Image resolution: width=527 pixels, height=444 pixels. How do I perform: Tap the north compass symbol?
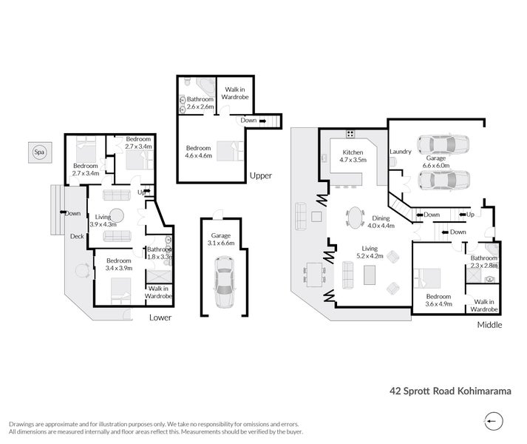point(493,420)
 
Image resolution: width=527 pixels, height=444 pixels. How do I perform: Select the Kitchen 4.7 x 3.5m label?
point(353,155)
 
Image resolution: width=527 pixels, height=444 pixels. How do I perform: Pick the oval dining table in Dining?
point(355,218)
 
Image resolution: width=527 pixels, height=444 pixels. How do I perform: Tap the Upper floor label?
point(260,175)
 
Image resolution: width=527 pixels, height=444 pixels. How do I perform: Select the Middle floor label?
point(489,324)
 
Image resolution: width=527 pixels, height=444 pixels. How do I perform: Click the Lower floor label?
point(160,317)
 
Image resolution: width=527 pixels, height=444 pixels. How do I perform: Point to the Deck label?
point(77,237)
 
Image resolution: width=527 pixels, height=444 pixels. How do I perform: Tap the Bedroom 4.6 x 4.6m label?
point(198,152)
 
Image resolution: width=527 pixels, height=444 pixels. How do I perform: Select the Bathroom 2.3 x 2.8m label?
point(483,260)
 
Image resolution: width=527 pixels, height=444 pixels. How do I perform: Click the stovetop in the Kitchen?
point(350,134)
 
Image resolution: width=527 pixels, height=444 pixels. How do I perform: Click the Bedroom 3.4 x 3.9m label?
point(118,264)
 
